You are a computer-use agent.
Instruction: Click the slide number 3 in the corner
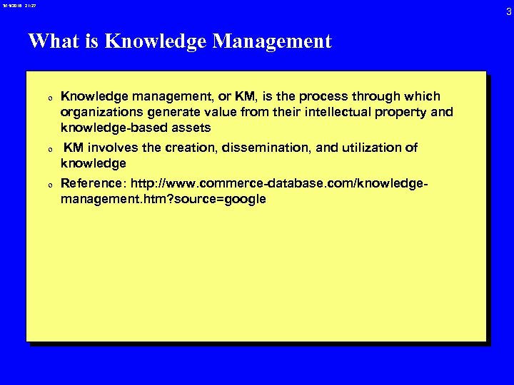click(x=508, y=11)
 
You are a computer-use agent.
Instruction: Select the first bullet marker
click(x=49, y=98)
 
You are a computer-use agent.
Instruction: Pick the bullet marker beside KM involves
click(x=49, y=150)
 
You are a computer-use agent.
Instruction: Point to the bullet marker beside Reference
click(x=49, y=185)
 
